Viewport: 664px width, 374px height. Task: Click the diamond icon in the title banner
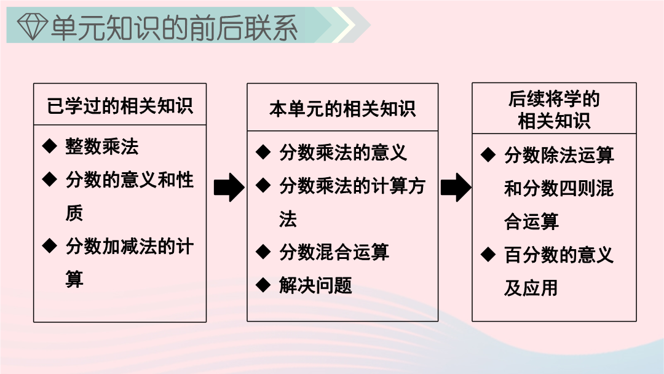(x=32, y=26)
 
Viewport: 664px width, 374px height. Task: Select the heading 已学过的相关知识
(x=120, y=106)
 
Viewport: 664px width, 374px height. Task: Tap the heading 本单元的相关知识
(x=342, y=109)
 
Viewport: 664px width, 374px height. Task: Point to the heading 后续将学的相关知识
(x=554, y=109)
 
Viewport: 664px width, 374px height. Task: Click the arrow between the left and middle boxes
(x=229, y=187)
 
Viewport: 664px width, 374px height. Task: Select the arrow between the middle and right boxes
(x=456, y=187)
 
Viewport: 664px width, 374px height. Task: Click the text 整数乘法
(x=102, y=146)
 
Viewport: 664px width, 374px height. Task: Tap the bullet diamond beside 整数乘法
(x=50, y=146)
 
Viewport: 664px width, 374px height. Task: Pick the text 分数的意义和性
(x=130, y=180)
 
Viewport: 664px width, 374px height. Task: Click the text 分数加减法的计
(x=130, y=247)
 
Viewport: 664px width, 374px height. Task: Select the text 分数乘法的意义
(x=343, y=153)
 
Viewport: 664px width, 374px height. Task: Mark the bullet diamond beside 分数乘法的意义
(x=263, y=152)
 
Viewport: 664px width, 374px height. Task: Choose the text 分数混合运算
(x=334, y=252)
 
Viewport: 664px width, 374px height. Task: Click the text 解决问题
(x=315, y=285)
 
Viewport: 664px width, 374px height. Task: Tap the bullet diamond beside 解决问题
(x=263, y=285)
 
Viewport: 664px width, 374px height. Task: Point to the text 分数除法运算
(x=559, y=155)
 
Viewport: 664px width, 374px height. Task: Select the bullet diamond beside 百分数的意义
(x=488, y=255)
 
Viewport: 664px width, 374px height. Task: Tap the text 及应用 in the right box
(x=531, y=288)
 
